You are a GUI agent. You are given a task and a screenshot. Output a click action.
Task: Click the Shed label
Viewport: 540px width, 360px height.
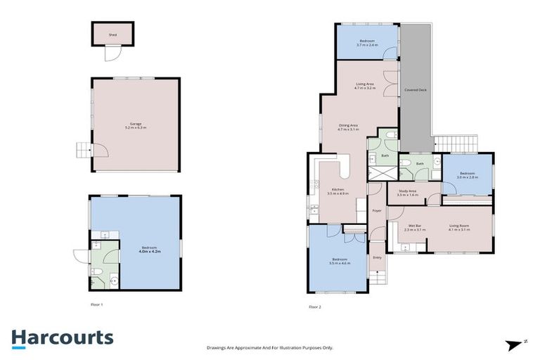tap(112, 34)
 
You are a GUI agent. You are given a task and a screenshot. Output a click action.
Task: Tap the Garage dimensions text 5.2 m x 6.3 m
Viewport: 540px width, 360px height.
tap(135, 128)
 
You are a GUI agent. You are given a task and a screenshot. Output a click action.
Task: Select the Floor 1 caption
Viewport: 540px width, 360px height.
tap(97, 304)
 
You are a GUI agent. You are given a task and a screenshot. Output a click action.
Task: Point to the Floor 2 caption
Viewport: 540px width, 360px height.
tap(314, 307)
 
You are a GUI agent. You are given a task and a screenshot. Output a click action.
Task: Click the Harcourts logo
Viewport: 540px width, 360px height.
tap(62, 337)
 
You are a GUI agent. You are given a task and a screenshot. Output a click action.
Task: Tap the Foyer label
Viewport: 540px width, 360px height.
tap(377, 210)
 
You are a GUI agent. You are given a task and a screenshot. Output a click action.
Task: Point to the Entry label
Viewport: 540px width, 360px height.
tap(377, 257)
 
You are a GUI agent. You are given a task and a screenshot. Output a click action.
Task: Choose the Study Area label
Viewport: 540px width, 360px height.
tap(408, 191)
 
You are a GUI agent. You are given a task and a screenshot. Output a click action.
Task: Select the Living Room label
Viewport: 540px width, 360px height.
tap(459, 226)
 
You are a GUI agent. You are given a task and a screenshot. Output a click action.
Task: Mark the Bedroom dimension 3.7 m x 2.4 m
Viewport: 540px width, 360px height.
tap(367, 46)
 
